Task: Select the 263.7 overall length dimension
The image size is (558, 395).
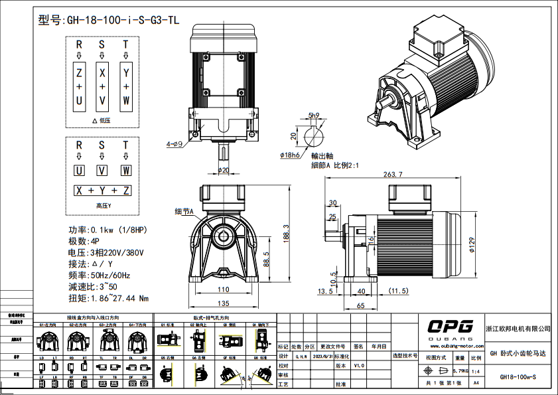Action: [393, 175]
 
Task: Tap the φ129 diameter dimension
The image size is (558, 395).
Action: [490, 246]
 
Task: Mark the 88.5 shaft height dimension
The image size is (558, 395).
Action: [266, 258]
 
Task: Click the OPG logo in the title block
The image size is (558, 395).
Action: [449, 326]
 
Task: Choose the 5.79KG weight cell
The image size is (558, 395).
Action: [460, 370]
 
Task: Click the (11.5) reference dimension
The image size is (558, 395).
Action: [397, 291]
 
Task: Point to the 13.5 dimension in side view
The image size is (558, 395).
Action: [326, 291]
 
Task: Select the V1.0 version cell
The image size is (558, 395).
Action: [358, 365]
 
